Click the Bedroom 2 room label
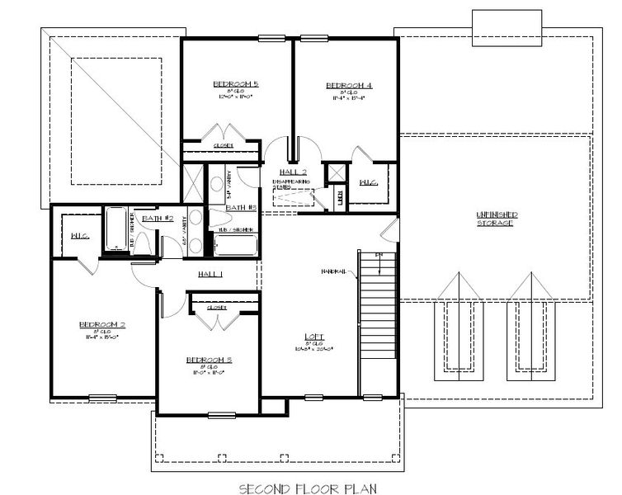coord(101,324)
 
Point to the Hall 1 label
coord(211,273)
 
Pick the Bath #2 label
coord(157,218)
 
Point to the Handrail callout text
coord(334,270)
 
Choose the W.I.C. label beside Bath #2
coord(80,237)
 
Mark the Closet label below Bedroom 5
coord(223,146)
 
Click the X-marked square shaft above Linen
coord(337,173)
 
